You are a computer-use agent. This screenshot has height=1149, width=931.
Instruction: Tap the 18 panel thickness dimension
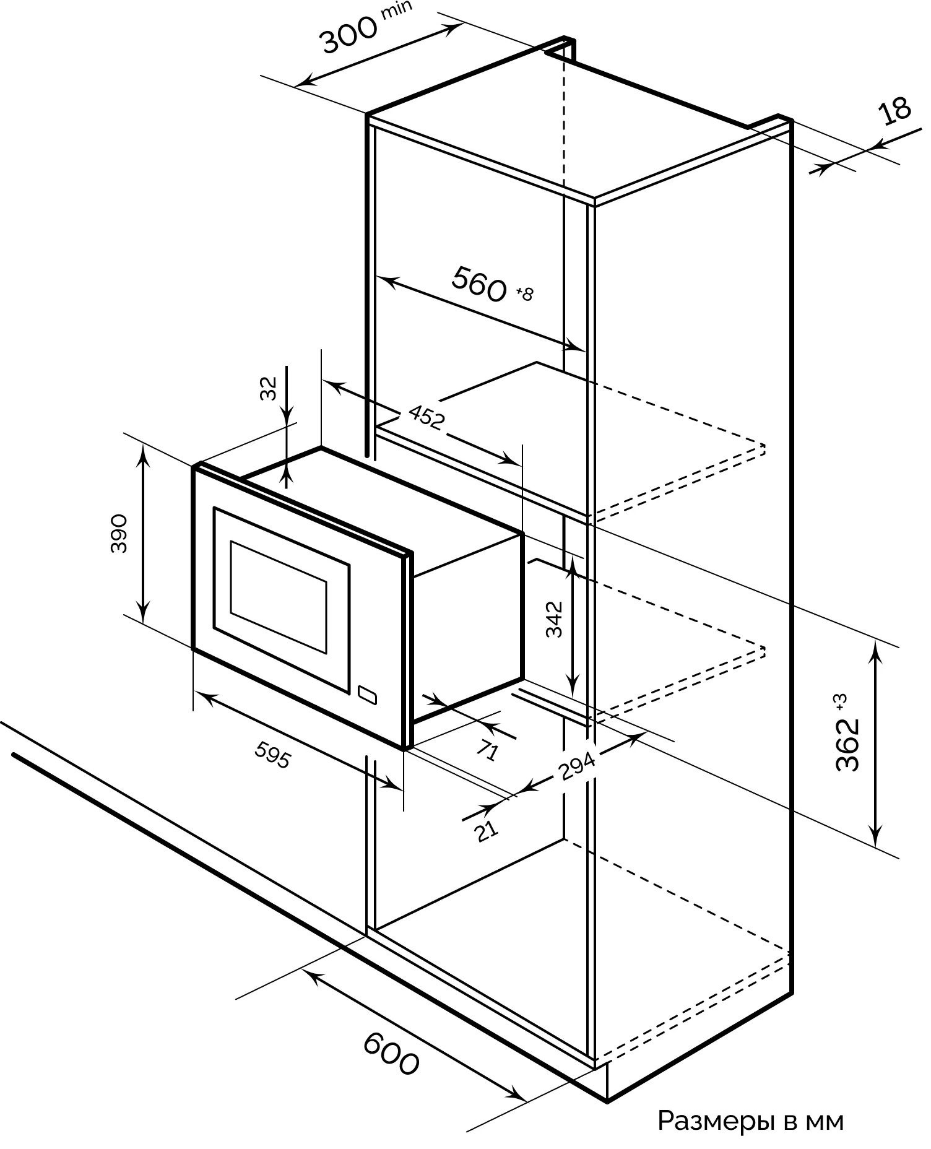pos(894,112)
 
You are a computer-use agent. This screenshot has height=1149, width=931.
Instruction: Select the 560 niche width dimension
pos(478,285)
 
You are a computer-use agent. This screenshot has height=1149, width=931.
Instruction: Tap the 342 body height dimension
pos(555,618)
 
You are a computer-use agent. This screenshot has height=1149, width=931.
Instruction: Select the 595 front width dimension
pos(272,755)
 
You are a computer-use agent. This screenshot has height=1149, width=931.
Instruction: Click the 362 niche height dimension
pos(847,744)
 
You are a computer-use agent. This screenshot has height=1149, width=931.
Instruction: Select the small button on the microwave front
pos(367,693)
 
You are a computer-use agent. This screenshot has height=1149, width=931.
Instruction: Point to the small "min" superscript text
pos(396,11)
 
